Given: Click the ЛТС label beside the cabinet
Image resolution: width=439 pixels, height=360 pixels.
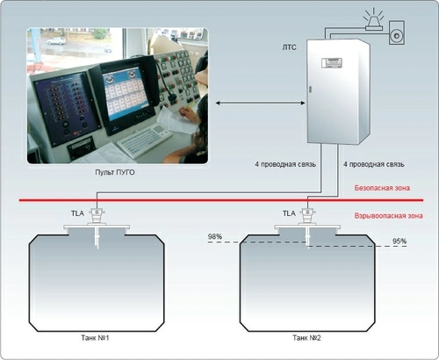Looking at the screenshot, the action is coord(289,47).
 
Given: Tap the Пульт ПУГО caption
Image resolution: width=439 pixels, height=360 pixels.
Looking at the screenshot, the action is coord(115,172).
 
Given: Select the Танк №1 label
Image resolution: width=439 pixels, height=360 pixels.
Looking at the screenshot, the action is coord(95,338).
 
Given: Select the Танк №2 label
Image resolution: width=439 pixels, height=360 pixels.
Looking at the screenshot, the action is coord(306,338).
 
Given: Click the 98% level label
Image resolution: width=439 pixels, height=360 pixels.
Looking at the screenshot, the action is coord(215,236).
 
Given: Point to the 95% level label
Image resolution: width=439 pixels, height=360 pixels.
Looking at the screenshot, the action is coord(399,241).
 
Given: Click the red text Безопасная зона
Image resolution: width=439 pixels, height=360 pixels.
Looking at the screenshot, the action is coord(382,188).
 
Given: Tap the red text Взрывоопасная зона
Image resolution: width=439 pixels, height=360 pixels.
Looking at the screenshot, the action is coord(389,216).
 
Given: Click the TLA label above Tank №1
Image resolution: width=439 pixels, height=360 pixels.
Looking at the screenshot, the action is coord(77,213).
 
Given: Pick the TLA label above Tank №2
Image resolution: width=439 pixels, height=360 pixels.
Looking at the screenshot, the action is coord(289,213).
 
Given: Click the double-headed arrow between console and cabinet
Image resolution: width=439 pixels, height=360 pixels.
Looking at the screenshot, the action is coord(260,103).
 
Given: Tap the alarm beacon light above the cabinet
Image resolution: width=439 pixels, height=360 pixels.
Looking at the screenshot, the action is coord(374,19).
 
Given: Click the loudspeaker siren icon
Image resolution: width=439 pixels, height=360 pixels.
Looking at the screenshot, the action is coord(397,32).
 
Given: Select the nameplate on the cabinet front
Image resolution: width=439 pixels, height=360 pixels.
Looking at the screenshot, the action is coord(332,63).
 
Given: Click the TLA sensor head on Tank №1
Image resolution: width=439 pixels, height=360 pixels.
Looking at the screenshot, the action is coord(97,216).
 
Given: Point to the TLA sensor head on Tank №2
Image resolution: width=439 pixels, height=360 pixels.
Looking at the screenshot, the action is coord(307,216).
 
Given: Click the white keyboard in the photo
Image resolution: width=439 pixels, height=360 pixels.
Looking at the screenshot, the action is coord(144,141).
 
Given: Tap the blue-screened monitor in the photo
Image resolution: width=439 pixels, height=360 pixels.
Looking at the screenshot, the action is coord(126,93).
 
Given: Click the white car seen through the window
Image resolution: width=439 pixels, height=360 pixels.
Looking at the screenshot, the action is coord(56,41).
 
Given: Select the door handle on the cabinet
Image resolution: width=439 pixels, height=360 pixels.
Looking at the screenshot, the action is coord(311,90).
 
